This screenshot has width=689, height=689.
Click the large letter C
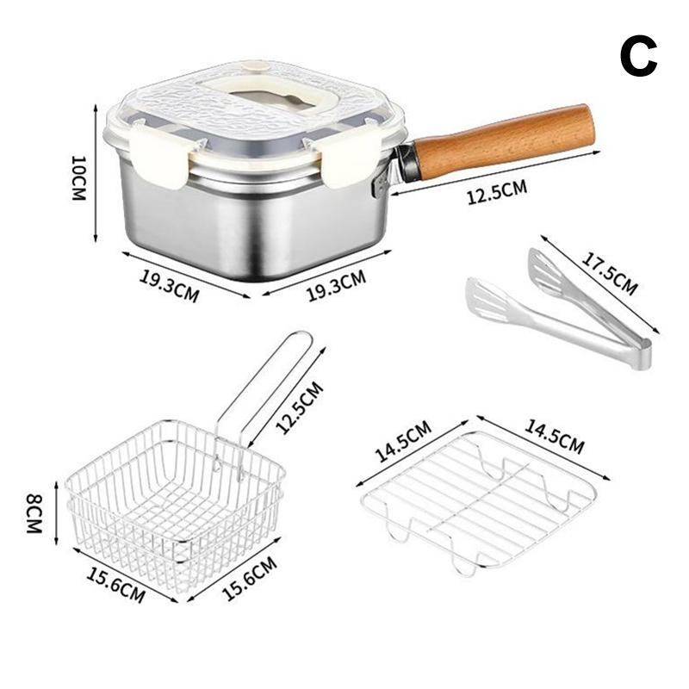[638, 58]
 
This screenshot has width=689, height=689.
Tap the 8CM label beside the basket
[35, 514]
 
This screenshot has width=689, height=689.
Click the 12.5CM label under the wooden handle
[497, 192]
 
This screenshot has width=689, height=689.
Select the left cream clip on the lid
[161, 153]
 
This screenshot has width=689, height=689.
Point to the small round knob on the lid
[251, 65]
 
